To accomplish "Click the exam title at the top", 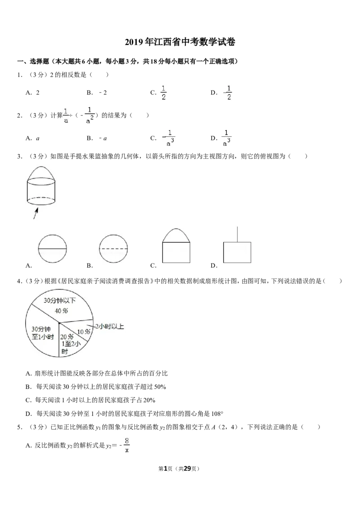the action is (180, 42).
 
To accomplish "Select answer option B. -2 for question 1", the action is (96, 93).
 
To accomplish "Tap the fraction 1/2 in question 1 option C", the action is (163, 93).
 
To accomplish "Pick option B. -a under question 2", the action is (96, 138).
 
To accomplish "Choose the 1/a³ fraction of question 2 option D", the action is (226, 138).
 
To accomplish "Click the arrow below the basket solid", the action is (36, 213).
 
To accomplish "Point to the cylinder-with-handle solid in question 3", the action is (40, 185).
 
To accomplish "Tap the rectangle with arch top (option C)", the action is (176, 246).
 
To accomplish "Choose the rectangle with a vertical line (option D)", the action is (237, 245).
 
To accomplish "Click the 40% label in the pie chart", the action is (61, 311).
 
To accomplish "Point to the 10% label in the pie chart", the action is (84, 331).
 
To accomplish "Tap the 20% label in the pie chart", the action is (67, 337).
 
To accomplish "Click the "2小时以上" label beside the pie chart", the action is (109, 326).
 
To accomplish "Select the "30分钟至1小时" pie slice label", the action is (43, 333).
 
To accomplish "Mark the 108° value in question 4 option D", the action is (217, 414).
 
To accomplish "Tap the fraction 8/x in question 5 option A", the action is (127, 445).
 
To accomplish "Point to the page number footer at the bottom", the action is (179, 469).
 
